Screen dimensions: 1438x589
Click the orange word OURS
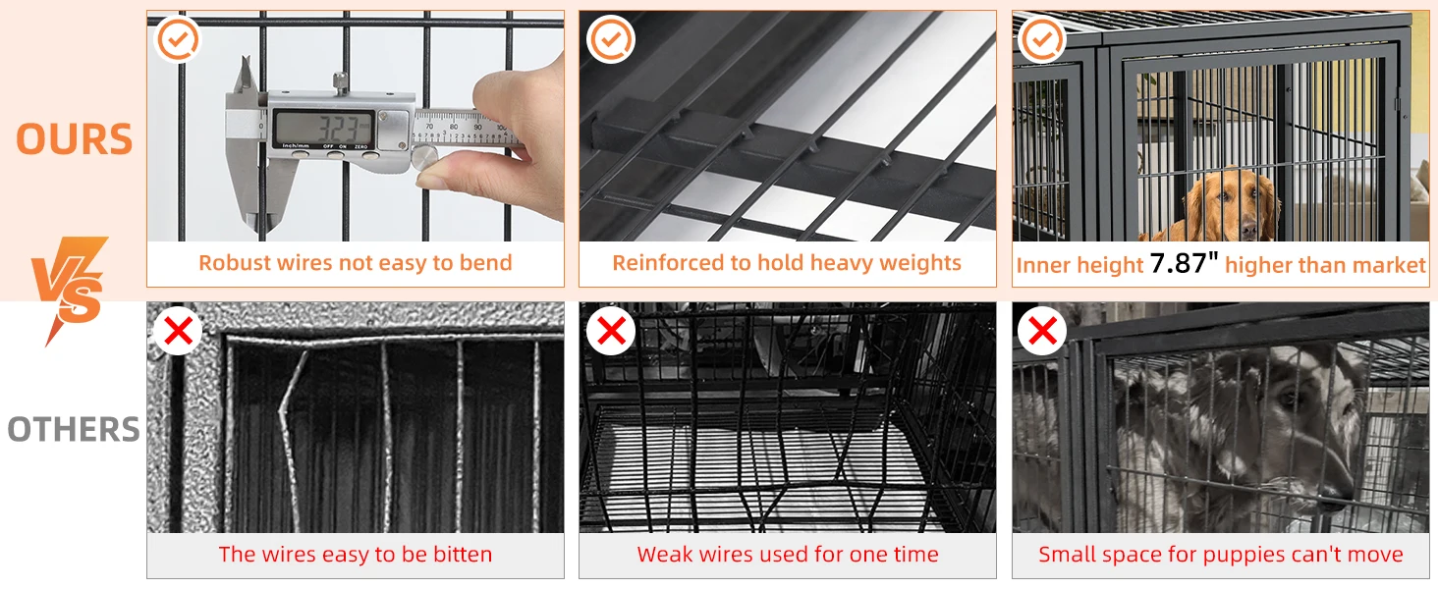74,139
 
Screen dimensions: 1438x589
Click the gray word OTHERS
74,429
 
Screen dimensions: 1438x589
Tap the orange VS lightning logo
71,289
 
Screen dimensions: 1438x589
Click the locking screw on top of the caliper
340,81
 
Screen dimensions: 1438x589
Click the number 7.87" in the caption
1184,262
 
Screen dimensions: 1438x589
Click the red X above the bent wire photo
178,331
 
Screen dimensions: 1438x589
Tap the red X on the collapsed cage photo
611,331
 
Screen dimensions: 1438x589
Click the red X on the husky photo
1042,331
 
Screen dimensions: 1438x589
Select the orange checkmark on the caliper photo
178,39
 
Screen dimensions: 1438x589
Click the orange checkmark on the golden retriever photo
1042,39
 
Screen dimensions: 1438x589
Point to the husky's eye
1292,401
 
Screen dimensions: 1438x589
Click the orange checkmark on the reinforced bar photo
611,39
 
